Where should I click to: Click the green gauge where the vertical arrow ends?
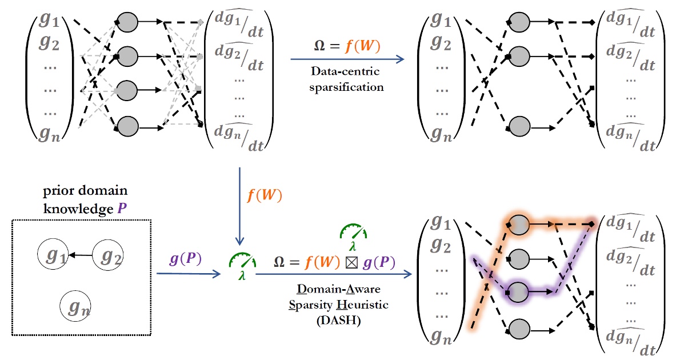point(241,261)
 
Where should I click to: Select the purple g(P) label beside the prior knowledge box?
point(185,258)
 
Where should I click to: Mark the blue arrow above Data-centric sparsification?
point(347,59)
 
